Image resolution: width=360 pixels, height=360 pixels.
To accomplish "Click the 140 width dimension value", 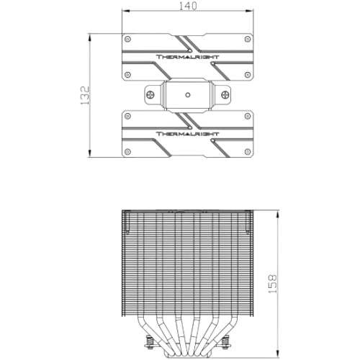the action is click(188, 6).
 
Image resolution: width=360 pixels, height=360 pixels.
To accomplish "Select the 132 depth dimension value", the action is click(85, 95).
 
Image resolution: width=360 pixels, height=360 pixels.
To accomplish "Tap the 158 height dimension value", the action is click(272, 284).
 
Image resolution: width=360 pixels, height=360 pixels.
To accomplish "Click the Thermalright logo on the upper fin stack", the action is click(188, 57).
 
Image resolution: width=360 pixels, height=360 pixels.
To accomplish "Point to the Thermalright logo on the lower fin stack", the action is click(188, 134).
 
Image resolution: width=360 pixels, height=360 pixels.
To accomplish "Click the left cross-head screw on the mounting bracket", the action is click(150, 94).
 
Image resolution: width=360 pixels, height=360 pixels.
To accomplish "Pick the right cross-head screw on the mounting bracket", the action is click(225, 94).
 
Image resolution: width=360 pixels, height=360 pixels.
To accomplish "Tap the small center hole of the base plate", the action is click(188, 95).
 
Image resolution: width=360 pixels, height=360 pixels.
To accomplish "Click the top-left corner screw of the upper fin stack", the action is click(128, 39).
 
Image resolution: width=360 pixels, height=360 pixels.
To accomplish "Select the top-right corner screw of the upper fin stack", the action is click(248, 39).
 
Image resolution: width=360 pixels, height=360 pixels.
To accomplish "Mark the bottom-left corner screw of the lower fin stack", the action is click(128, 152).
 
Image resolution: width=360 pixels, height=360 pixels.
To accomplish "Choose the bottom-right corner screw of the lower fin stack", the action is click(248, 152).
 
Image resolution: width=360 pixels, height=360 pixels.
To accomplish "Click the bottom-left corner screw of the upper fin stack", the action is click(128, 75).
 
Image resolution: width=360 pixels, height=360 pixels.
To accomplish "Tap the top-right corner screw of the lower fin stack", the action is click(248, 117).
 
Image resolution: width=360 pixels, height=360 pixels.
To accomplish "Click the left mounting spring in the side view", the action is click(149, 341).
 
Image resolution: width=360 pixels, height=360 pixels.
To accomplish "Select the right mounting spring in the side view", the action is click(225, 341).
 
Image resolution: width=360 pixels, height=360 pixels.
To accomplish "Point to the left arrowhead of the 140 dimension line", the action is click(126, 11).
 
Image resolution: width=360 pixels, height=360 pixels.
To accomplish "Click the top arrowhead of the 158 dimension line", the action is click(278, 214).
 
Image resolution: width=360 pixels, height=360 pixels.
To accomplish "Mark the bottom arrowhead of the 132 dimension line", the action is click(90, 153).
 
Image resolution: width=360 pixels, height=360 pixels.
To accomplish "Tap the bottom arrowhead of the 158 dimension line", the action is click(278, 353).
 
